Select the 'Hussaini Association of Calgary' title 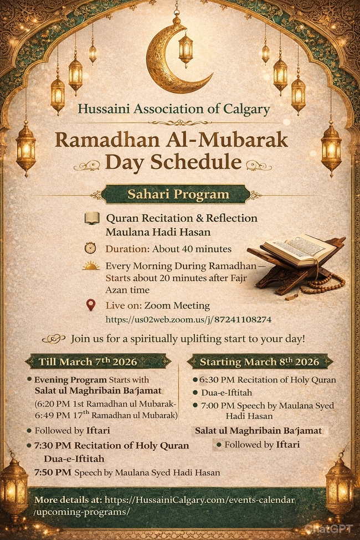(x=174, y=109)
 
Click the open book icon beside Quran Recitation (x=91, y=218)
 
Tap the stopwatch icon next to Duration (x=90, y=248)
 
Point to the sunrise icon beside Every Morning (x=91, y=266)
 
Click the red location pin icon (x=91, y=305)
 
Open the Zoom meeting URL (x=188, y=320)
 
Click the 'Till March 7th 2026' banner (x=97, y=362)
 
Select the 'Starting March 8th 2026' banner (x=260, y=362)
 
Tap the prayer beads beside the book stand (x=323, y=284)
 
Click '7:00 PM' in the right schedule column (x=217, y=405)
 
